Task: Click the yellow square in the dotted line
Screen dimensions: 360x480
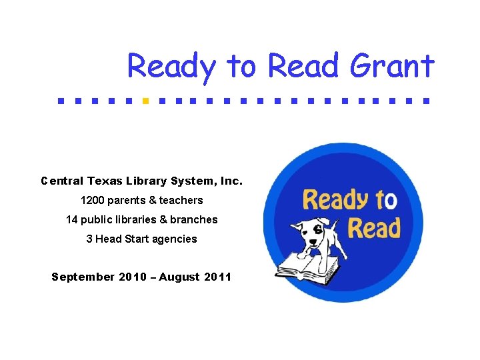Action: (x=145, y=102)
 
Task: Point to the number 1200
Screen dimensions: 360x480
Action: (x=93, y=200)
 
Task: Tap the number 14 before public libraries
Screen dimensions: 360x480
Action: (x=72, y=219)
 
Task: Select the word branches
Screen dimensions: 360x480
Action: (x=194, y=219)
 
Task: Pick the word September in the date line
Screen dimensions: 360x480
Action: (x=83, y=277)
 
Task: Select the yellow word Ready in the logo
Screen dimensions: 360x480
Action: (x=335, y=200)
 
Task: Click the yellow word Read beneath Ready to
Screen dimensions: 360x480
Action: (x=373, y=227)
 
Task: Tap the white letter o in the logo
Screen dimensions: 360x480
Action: (x=391, y=200)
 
